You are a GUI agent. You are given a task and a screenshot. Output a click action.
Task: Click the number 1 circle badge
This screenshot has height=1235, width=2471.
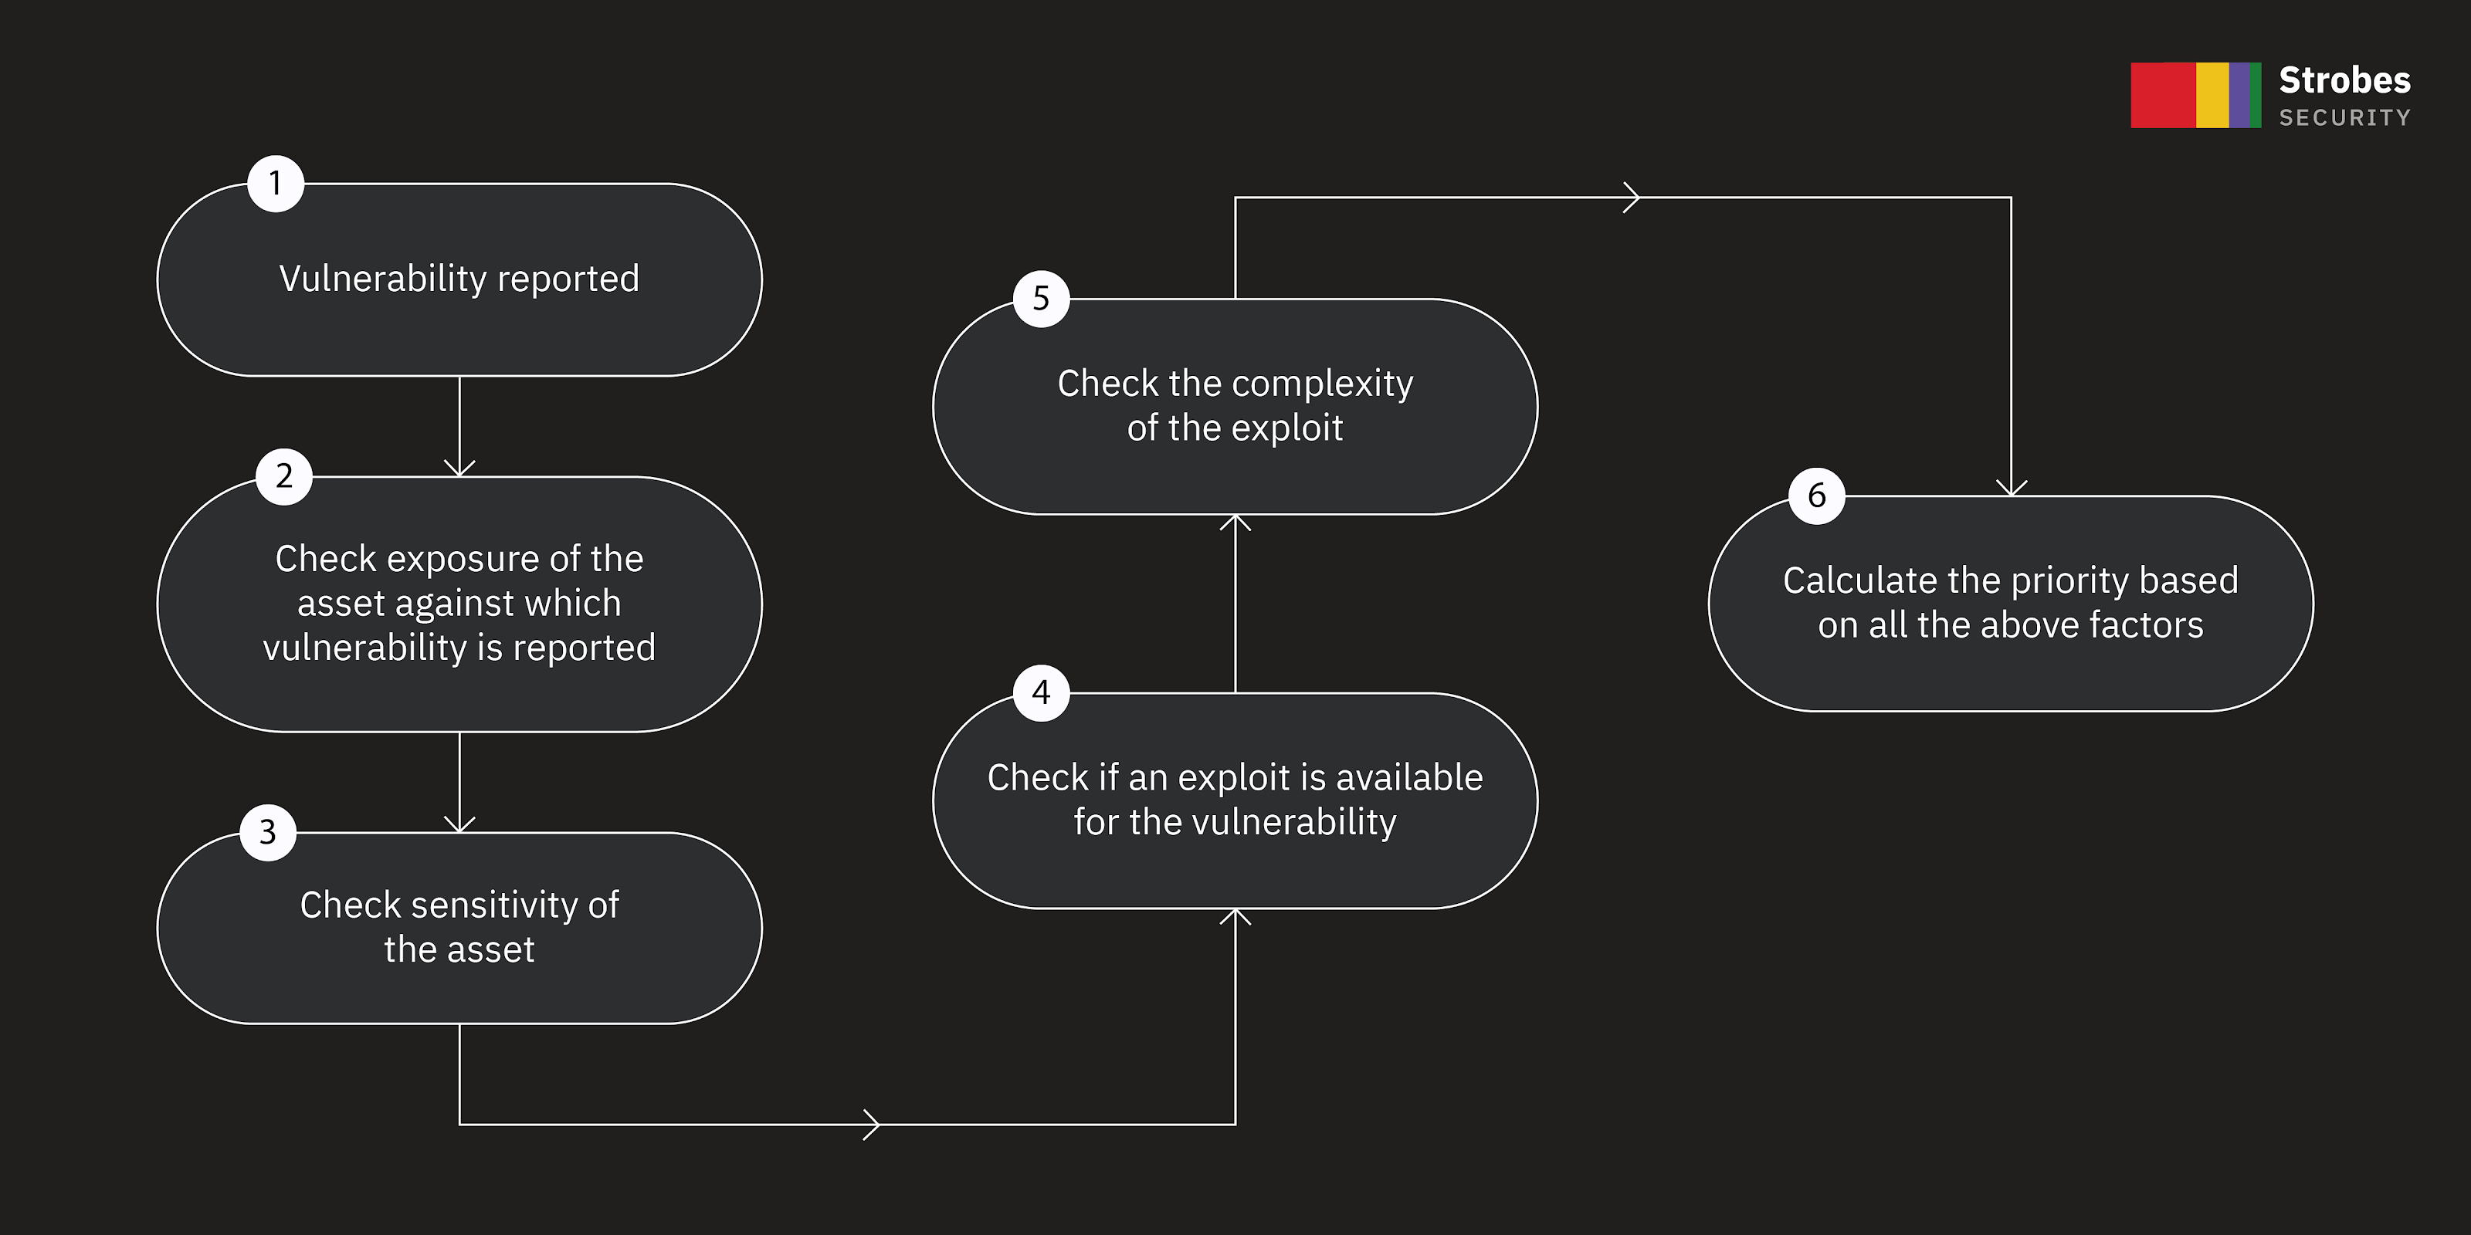pos(276,183)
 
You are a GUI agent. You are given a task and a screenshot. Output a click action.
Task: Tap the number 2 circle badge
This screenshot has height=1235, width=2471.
pos(284,476)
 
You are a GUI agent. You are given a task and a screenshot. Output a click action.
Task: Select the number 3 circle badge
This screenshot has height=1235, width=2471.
pos(268,832)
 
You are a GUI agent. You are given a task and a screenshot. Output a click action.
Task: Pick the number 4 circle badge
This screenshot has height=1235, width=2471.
pos(1041,692)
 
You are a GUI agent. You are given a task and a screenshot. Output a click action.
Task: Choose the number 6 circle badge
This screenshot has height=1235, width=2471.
pos(1816,496)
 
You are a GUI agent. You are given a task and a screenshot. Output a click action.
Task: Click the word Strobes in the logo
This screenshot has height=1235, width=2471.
pos(2344,80)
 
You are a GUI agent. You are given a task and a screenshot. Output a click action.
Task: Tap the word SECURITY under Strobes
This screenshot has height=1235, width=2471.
pos(2344,118)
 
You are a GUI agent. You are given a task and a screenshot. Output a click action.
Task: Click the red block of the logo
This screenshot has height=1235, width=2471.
pos(2162,95)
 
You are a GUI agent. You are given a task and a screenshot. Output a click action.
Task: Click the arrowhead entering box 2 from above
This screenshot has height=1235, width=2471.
pos(459,469)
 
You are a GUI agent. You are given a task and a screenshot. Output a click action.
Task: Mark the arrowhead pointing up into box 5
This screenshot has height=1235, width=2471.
pos(1235,523)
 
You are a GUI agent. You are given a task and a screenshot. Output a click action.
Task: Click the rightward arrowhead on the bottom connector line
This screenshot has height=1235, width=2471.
pos(872,1124)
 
